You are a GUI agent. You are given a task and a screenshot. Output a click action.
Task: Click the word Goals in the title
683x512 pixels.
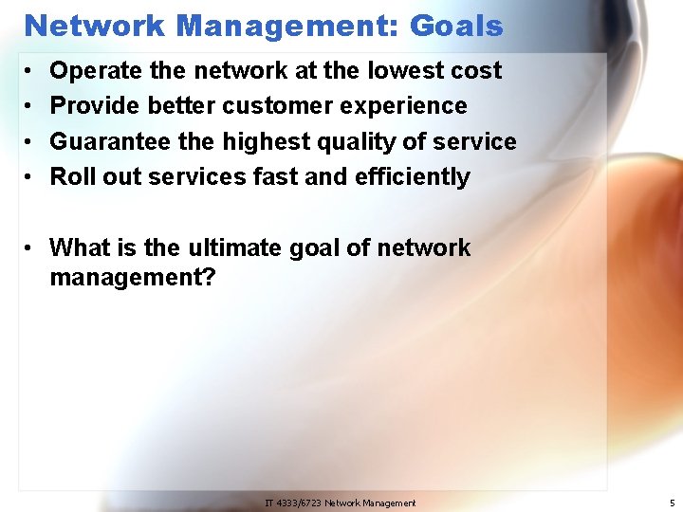[456, 26]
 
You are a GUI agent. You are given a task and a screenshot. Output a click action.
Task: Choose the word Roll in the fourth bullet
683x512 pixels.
[68, 176]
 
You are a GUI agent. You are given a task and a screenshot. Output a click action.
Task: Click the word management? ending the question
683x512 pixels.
[133, 279]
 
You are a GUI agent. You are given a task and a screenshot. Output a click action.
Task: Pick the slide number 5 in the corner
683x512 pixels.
[671, 503]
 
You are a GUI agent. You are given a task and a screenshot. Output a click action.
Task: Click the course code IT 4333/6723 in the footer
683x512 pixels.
[293, 503]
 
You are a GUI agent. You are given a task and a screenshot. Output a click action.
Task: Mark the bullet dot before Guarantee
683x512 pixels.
[31, 142]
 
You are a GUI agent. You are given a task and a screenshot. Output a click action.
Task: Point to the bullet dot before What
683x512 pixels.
[31, 248]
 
